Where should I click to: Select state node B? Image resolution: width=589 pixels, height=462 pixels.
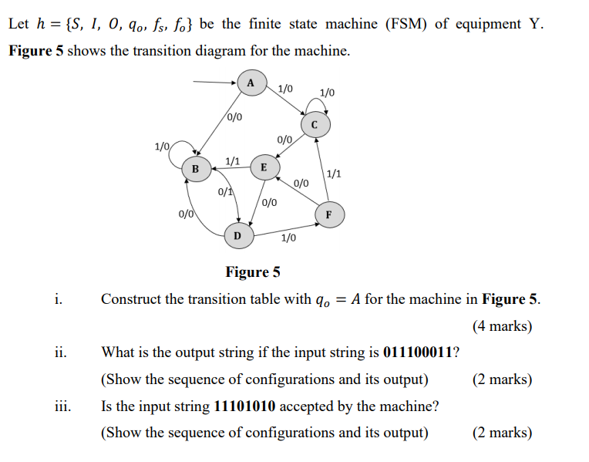tap(195, 168)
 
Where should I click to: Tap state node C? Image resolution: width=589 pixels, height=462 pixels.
tap(314, 124)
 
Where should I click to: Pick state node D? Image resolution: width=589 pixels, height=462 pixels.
tap(237, 234)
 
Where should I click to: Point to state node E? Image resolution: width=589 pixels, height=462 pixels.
tap(264, 167)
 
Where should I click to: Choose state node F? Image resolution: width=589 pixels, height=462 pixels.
tap(329, 214)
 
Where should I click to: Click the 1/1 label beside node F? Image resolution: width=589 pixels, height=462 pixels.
tap(335, 174)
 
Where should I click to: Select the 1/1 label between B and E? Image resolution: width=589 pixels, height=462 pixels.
tap(232, 161)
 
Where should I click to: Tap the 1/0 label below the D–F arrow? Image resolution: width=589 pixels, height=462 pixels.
tap(288, 238)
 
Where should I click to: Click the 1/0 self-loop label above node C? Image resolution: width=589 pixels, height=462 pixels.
tap(327, 93)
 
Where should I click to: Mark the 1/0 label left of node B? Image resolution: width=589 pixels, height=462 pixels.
tap(162, 146)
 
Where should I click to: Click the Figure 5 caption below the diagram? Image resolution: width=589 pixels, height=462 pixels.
tap(252, 272)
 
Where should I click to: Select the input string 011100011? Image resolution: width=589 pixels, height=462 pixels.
tap(419, 352)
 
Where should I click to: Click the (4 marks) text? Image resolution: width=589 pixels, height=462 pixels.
tap(502, 325)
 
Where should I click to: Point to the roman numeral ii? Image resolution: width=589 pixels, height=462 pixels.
tap(60, 352)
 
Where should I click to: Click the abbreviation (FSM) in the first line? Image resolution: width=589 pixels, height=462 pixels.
tap(406, 24)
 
